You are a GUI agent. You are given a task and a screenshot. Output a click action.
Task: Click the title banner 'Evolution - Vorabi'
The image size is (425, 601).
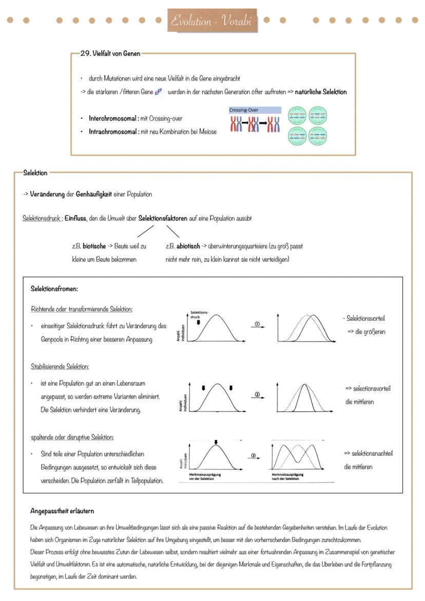pyautogui.click(x=212, y=21)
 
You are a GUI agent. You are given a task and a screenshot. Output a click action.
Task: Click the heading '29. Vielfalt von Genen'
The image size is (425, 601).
pyautogui.click(x=110, y=53)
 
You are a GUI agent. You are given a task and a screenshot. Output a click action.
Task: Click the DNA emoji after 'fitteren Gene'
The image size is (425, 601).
pyautogui.click(x=159, y=92)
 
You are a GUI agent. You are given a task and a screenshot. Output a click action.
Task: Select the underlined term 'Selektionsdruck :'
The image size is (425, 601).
pyautogui.click(x=43, y=218)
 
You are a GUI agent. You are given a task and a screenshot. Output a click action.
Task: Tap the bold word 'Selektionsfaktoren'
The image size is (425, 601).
pyautogui.click(x=163, y=218)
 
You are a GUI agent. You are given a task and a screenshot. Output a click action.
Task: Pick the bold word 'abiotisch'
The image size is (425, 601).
pyautogui.click(x=188, y=246)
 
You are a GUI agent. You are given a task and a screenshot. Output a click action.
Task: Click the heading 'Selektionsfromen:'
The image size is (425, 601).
pyautogui.click(x=54, y=289)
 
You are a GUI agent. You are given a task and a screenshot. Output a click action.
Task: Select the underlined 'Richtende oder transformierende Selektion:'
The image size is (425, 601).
pyautogui.click(x=82, y=309)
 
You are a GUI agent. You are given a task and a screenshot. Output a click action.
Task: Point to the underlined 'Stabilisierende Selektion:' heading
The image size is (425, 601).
pyautogui.click(x=60, y=366)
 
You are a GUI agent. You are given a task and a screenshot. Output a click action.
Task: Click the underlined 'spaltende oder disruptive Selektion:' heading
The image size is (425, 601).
pyautogui.click(x=72, y=437)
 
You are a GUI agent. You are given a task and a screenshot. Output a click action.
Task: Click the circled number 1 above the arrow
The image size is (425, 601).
pyautogui.click(x=257, y=323)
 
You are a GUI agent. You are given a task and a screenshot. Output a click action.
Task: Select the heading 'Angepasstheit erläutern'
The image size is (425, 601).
pyautogui.click(x=62, y=511)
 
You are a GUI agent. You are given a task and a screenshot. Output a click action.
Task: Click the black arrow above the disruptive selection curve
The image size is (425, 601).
pyautogui.click(x=216, y=442)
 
